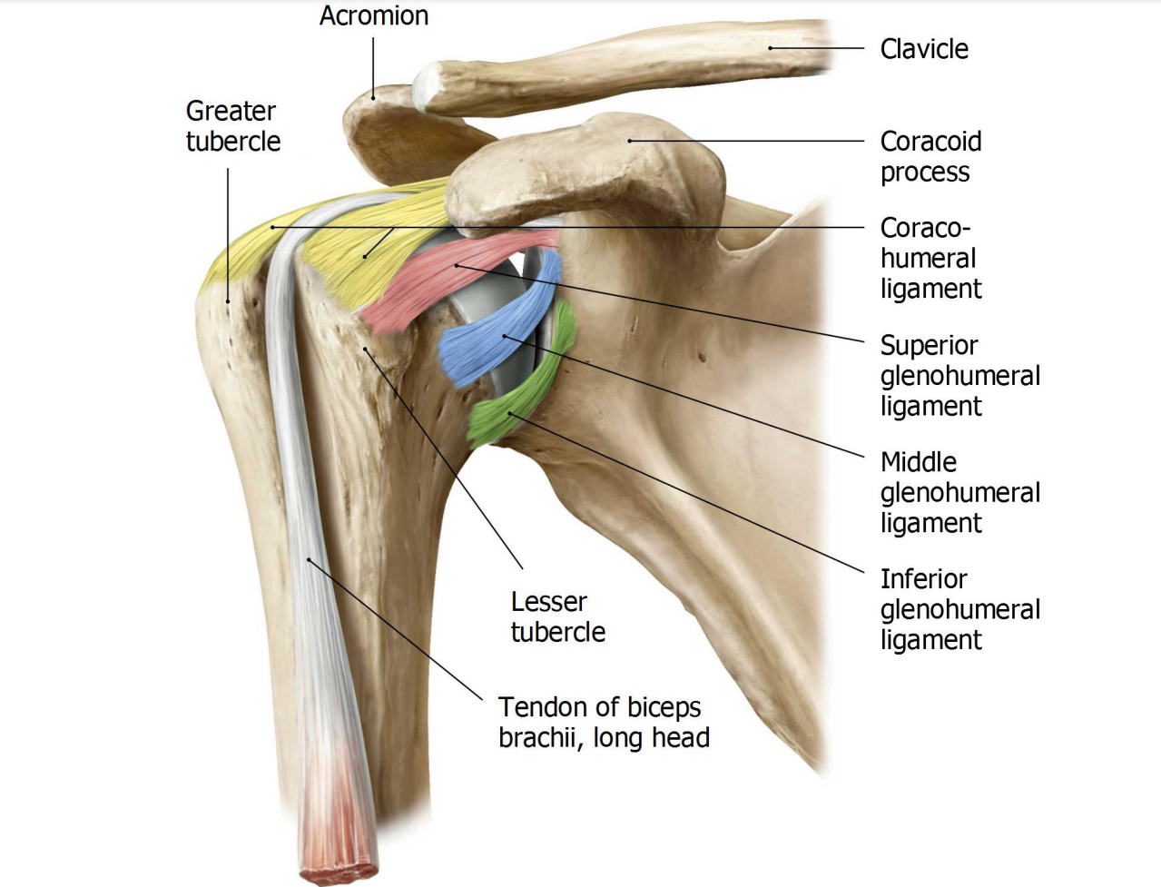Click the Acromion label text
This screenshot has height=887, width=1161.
(x=373, y=15)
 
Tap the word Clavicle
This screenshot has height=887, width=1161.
(x=923, y=49)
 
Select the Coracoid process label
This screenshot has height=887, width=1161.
(x=930, y=156)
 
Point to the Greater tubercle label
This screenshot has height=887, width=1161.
(x=232, y=126)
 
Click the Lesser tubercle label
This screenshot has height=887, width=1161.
(x=557, y=616)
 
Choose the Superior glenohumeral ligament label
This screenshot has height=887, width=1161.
(x=959, y=375)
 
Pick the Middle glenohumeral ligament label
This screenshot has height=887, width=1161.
(x=959, y=492)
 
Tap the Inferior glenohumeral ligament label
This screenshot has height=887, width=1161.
(x=959, y=609)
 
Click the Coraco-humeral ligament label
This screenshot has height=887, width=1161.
(x=930, y=258)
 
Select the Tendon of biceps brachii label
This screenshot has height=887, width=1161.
(x=604, y=722)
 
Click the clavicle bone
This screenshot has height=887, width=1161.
(x=635, y=64)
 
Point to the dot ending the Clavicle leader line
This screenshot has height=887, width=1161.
(x=771, y=48)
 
